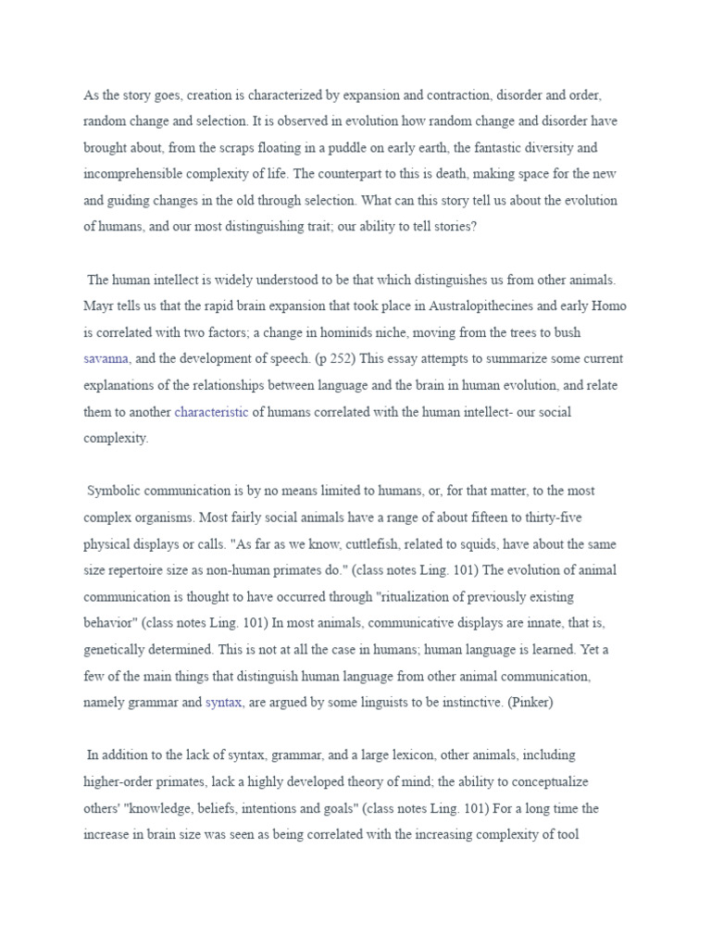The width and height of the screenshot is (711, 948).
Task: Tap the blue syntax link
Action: pyautogui.click(x=223, y=703)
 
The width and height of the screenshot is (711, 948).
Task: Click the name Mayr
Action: pyautogui.click(x=99, y=306)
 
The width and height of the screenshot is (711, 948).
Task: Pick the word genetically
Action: pyautogui.click(x=118, y=651)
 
